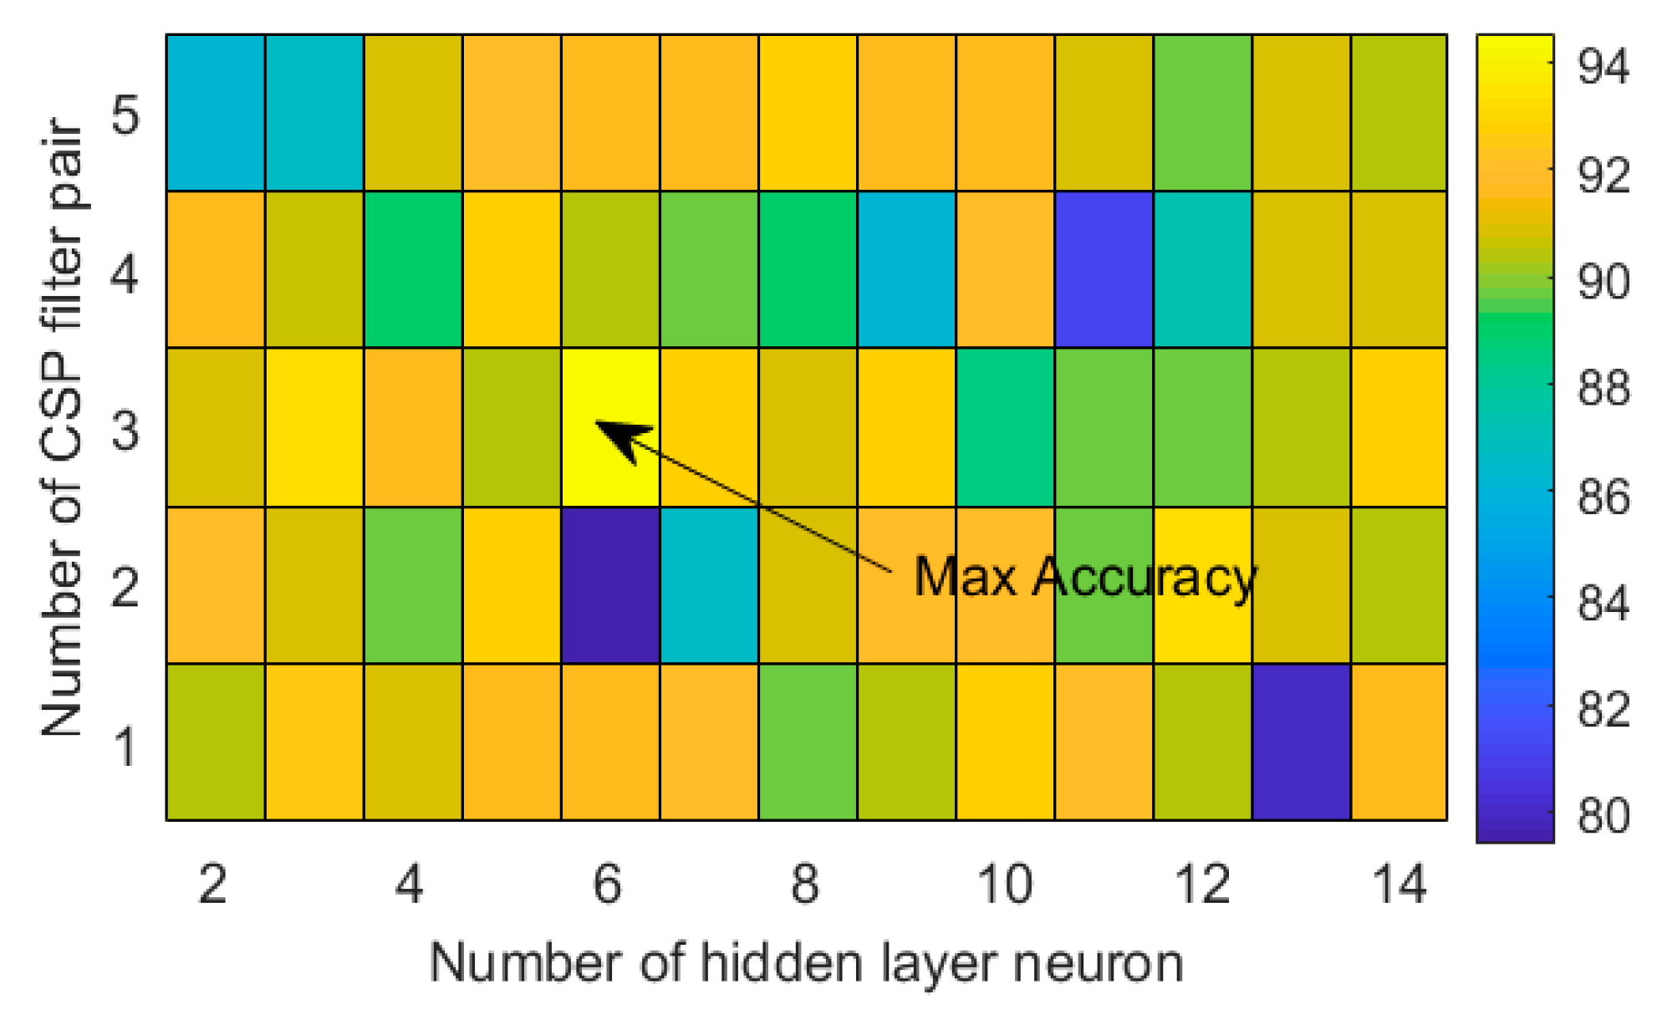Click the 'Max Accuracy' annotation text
coord(1084,577)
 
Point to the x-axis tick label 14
coord(1399,884)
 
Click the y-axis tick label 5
coord(125,115)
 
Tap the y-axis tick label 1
coord(125,746)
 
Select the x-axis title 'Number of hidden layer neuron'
coord(806,963)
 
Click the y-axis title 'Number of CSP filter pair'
coord(63,426)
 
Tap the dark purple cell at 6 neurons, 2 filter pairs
coord(610,585)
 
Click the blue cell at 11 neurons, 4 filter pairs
coord(1104,269)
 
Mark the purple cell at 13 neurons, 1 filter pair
coord(1301,742)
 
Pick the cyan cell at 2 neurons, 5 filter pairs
coord(216,113)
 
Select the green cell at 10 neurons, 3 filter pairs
coord(1005,427)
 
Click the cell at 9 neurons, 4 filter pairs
coord(906,269)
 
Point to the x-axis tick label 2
coord(212,884)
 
